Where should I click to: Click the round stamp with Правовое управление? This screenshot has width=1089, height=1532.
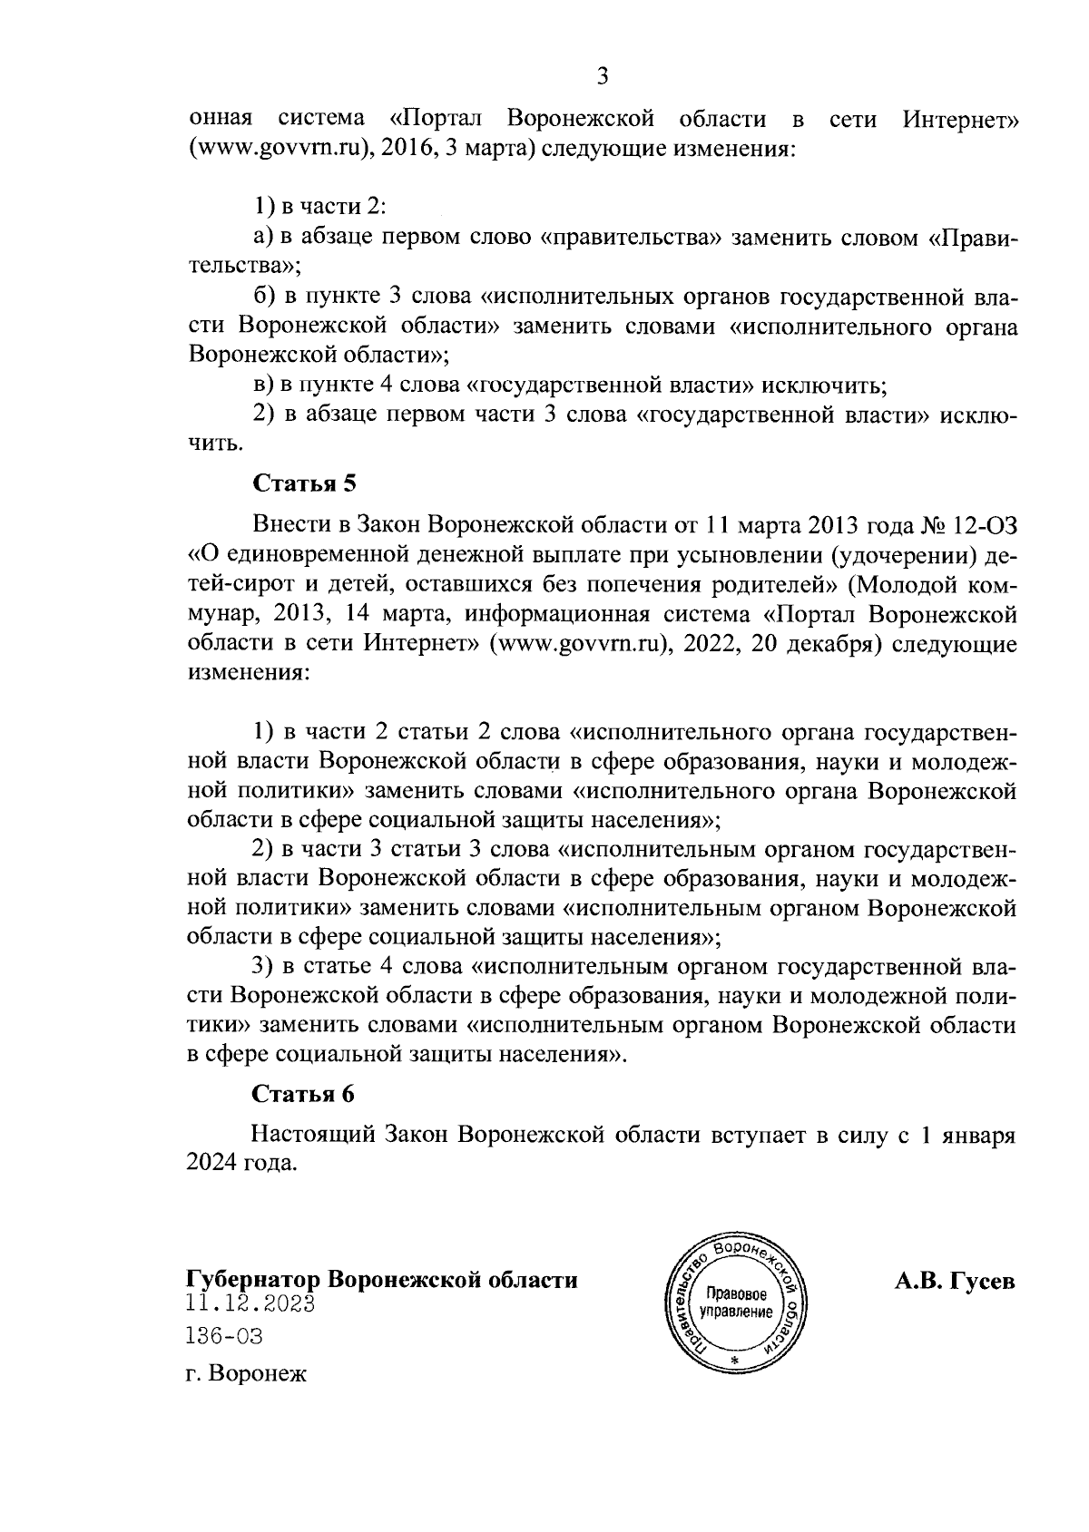737,1303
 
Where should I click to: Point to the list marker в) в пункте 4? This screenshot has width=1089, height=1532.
264,385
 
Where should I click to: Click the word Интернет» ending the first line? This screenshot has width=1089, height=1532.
960,120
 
